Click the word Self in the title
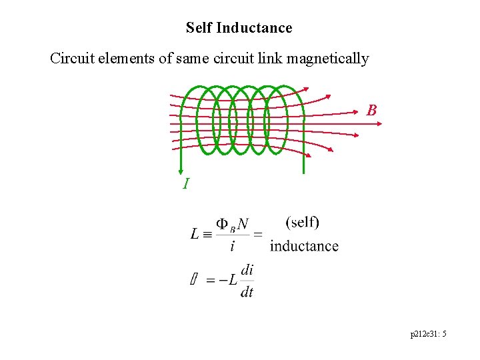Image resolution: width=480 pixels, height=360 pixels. tap(199, 28)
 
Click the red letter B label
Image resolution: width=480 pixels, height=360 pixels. tap(372, 111)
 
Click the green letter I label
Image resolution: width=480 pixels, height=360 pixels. tap(186, 183)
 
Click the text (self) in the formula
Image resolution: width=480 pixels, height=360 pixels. tap(302, 222)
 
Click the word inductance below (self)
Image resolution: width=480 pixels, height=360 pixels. tap(304, 246)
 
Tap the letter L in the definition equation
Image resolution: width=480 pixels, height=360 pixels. tap(195, 233)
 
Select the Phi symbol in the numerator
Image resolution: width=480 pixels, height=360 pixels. tap(223, 225)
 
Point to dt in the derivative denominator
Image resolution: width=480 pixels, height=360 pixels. tap(247, 291)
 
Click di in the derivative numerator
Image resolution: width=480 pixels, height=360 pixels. tap(247, 270)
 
